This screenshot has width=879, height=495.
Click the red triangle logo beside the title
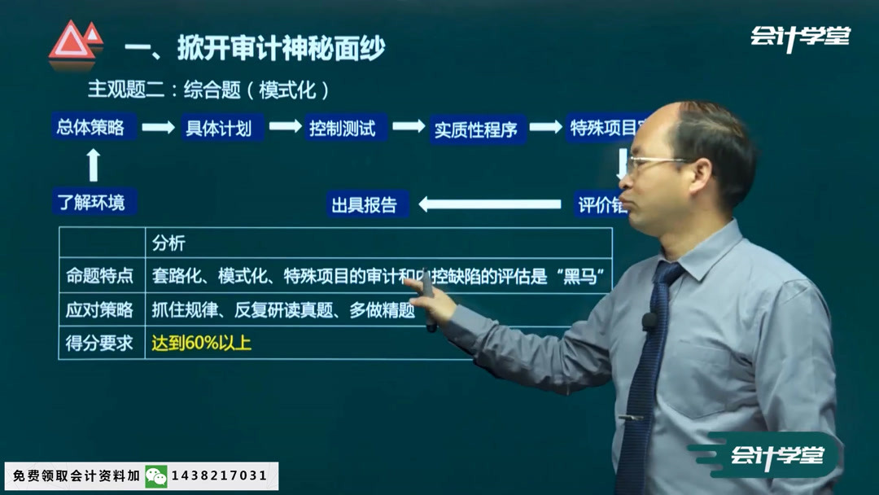pyautogui.click(x=74, y=42)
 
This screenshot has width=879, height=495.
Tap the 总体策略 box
pyautogui.click(x=90, y=127)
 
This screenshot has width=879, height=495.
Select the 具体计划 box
pyautogui.click(x=219, y=128)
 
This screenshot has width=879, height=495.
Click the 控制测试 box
pyautogui.click(x=343, y=128)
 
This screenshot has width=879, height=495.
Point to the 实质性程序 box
pyautogui.click(x=476, y=129)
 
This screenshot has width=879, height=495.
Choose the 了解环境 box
pyautogui.click(x=91, y=202)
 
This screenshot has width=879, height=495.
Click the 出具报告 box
pyautogui.click(x=365, y=204)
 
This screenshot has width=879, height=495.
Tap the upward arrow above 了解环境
pyautogui.click(x=93, y=164)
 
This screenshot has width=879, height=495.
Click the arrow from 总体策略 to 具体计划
pyautogui.click(x=159, y=128)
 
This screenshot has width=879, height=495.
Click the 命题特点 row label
pyautogui.click(x=99, y=277)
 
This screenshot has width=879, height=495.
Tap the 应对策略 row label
pyautogui.click(x=99, y=310)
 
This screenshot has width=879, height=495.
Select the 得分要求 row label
pyautogui.click(x=99, y=343)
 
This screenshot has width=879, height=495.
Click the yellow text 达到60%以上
pyautogui.click(x=202, y=343)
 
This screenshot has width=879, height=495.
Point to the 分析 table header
pyautogui.click(x=169, y=243)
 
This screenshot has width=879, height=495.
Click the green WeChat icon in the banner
pyautogui.click(x=155, y=475)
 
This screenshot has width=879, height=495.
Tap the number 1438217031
pyautogui.click(x=219, y=475)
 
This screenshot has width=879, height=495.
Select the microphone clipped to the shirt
pyautogui.click(x=649, y=321)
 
